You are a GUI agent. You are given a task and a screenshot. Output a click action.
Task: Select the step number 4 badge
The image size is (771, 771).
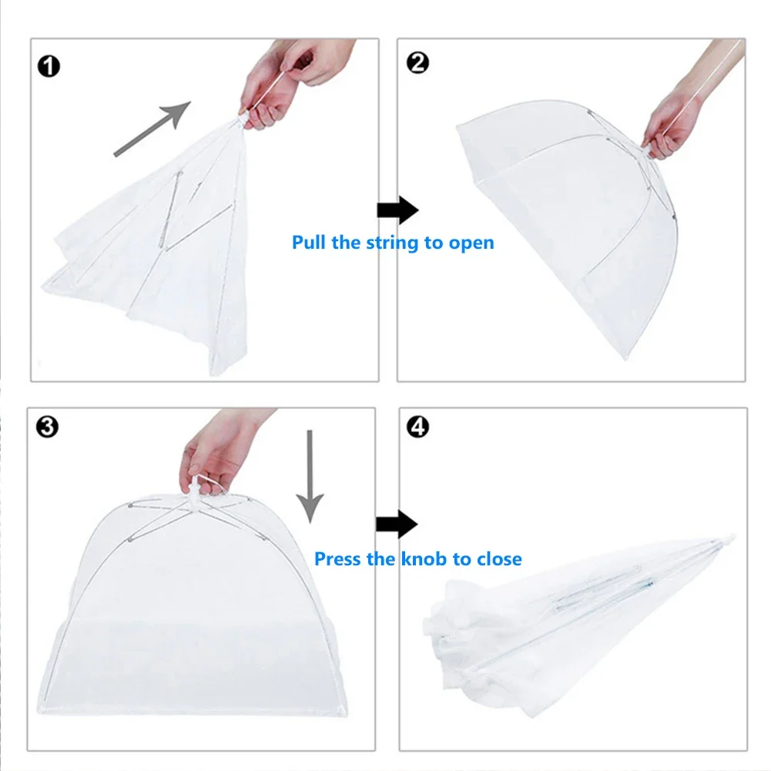[417, 427]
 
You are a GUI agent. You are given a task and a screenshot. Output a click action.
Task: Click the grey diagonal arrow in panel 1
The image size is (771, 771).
[152, 129]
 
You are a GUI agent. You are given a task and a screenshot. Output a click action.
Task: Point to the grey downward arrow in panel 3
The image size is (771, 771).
[310, 474]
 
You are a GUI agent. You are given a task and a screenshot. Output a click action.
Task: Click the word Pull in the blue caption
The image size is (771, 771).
[310, 243]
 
